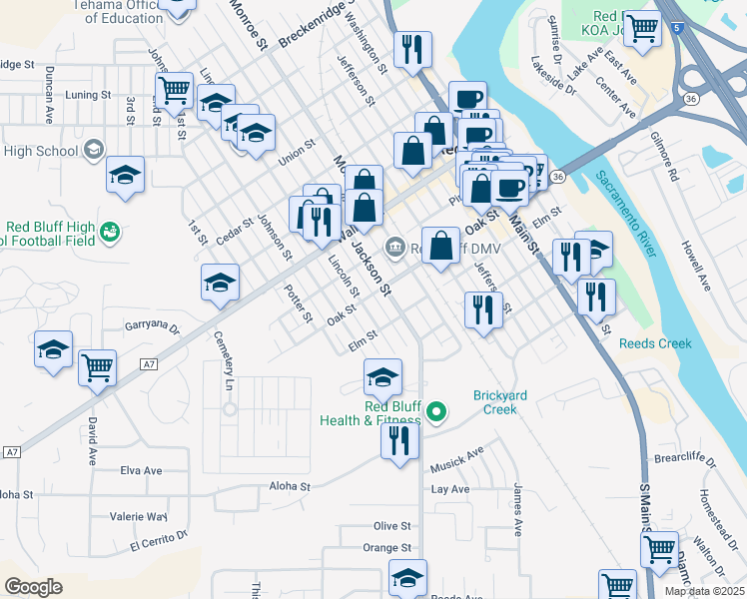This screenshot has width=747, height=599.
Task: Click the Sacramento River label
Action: tap(626, 214)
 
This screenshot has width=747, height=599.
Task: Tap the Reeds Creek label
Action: tap(655, 343)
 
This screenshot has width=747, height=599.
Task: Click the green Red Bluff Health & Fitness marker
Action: tap(435, 410)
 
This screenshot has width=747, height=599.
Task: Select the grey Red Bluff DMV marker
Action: tap(395, 246)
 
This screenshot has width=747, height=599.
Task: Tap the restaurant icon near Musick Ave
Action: tap(400, 441)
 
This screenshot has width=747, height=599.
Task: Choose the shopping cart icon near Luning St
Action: tap(175, 90)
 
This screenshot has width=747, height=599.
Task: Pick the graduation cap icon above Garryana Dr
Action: tap(220, 283)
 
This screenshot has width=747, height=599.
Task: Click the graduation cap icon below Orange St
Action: tap(406, 578)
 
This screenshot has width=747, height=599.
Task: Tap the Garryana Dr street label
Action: tap(152, 326)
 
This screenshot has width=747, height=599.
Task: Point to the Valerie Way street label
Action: tap(140, 516)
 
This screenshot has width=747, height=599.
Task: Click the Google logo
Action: tap(33, 587)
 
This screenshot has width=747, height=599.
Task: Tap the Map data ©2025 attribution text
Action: tap(704, 591)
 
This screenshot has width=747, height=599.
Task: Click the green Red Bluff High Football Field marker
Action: tap(109, 233)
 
